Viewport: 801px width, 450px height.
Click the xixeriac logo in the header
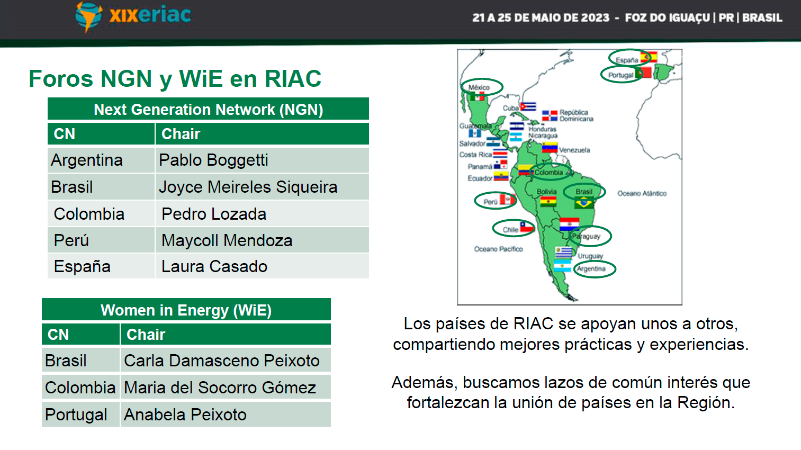133,16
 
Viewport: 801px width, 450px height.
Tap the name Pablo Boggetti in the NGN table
213,160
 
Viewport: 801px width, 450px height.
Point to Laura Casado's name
214,266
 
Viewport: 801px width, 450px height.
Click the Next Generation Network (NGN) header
208,109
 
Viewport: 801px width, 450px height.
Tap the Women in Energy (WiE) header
186,310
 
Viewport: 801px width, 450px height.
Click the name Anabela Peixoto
185,415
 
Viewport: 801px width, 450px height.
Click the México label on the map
479,87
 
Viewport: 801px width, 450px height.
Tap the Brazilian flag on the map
584,203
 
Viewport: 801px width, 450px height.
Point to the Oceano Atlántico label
642,194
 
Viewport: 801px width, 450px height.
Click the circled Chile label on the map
510,230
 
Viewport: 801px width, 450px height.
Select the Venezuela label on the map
574,150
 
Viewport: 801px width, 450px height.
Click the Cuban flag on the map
528,106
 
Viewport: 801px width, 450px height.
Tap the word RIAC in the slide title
293,79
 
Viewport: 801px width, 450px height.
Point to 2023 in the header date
595,17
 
